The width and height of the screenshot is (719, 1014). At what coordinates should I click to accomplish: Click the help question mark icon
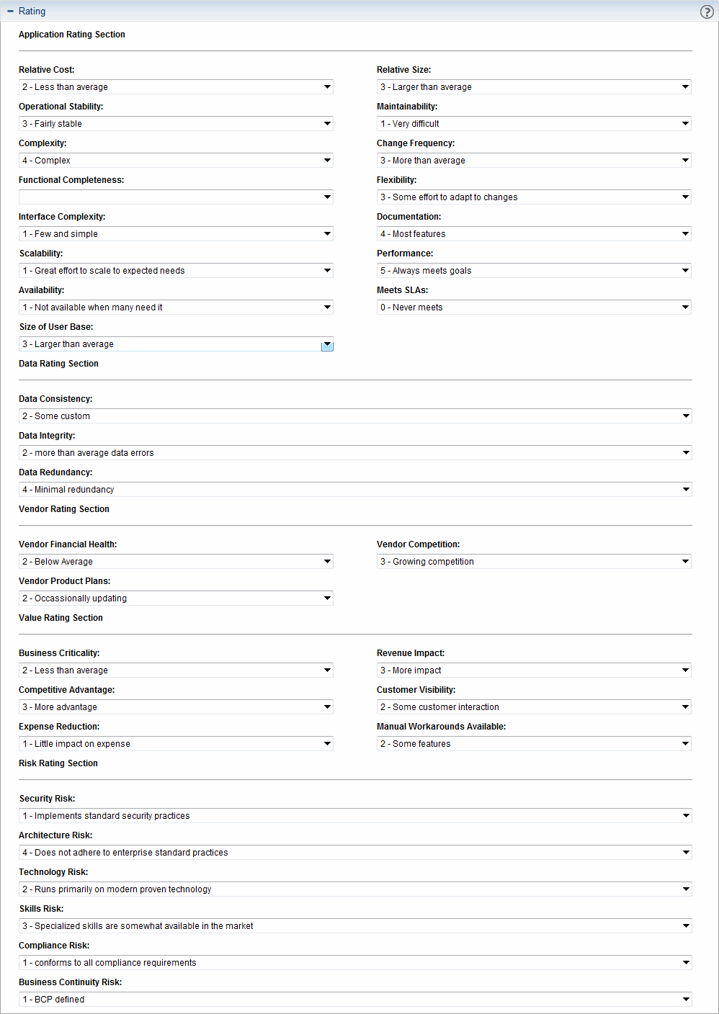(707, 12)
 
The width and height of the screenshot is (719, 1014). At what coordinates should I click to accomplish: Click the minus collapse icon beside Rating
(10, 12)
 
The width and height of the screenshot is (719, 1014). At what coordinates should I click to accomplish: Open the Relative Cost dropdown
(176, 87)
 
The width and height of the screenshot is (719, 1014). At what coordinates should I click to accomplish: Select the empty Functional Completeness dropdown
(176, 197)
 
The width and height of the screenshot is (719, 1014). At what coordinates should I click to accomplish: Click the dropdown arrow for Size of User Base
(327, 345)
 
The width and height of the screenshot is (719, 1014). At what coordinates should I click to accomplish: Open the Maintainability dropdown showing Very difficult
(534, 124)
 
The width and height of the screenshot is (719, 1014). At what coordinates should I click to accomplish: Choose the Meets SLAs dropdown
(534, 308)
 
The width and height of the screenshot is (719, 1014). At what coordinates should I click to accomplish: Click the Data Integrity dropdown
(355, 453)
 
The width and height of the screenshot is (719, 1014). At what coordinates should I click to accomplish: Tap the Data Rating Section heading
(58, 364)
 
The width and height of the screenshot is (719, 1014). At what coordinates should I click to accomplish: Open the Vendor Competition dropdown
(534, 562)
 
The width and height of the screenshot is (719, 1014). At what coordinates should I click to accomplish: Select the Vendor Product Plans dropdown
(176, 598)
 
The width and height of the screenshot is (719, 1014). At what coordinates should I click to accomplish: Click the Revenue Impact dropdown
(534, 670)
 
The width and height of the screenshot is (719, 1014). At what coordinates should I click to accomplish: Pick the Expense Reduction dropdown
(176, 744)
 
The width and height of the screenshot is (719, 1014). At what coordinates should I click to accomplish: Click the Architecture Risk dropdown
(355, 853)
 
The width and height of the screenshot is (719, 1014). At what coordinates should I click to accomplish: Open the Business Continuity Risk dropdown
(355, 1000)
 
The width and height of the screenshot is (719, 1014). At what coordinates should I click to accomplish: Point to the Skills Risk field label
(42, 909)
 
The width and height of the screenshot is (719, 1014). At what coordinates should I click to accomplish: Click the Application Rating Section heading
(72, 35)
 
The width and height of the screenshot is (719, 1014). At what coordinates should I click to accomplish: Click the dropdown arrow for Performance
(685, 271)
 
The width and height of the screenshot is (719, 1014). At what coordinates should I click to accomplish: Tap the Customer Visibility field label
(416, 690)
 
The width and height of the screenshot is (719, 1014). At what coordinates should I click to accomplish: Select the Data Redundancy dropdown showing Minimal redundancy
(355, 490)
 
